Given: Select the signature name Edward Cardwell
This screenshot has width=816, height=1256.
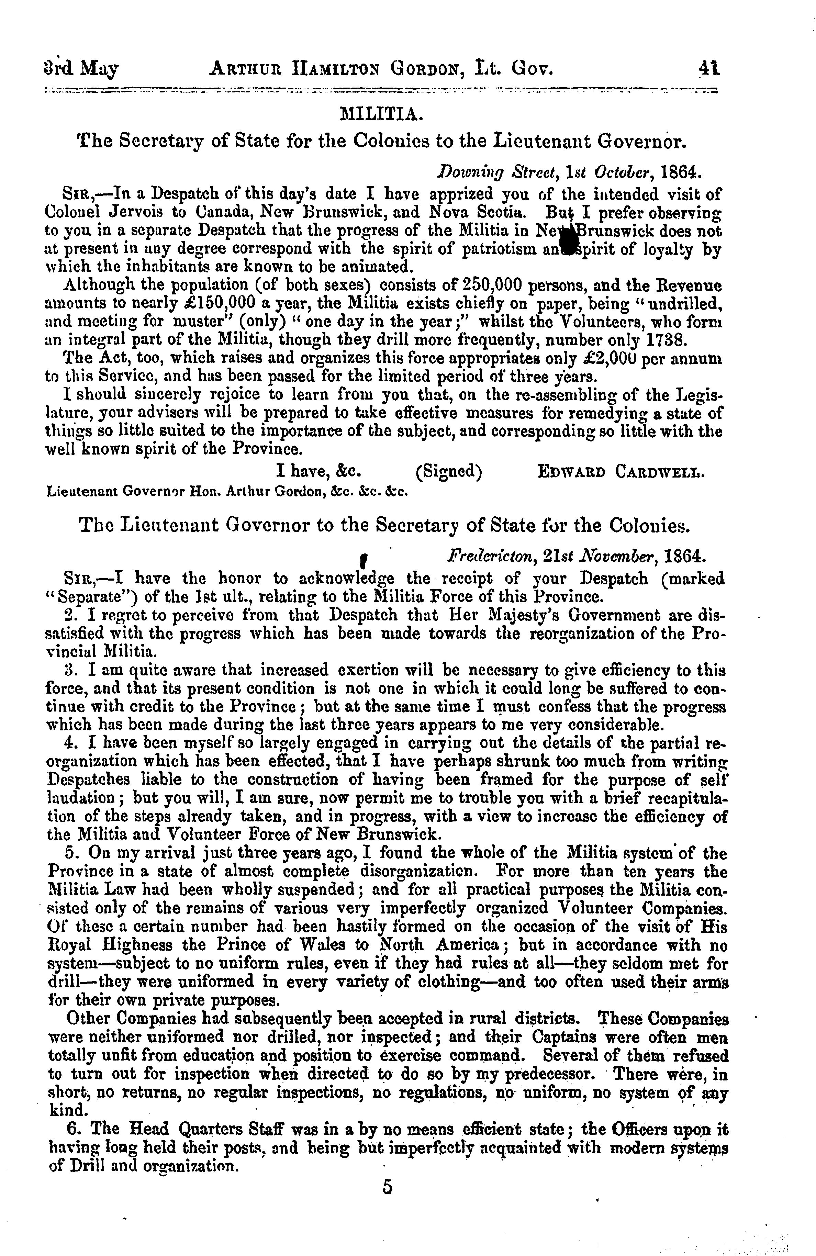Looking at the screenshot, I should (621, 471).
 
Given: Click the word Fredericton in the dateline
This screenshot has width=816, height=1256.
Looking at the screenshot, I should (484, 556).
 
